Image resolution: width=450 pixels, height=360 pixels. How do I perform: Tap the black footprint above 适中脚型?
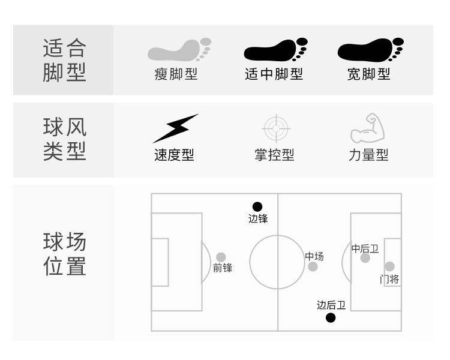[x=275, y=50]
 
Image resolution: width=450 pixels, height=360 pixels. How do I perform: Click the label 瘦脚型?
[x=176, y=74]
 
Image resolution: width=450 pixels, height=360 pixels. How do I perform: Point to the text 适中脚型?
[x=274, y=74]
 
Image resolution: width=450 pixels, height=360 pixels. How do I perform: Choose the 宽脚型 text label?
[x=368, y=74]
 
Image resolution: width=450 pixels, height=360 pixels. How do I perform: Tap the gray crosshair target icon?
[x=276, y=128]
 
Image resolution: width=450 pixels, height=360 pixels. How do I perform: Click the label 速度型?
[x=174, y=155]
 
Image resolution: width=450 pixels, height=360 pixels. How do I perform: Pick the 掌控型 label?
[x=275, y=155]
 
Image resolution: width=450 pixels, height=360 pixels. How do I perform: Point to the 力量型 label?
[x=368, y=155]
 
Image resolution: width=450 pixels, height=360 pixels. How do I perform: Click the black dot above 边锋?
[x=257, y=207]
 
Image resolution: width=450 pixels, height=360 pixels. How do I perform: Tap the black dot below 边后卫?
[x=331, y=317]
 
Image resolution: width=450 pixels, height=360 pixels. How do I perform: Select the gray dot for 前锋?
[x=221, y=257]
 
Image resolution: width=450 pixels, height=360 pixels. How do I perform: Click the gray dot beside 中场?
[x=313, y=266]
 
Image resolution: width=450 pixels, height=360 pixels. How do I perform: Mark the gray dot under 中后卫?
[x=365, y=258]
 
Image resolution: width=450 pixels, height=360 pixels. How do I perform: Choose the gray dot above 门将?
[x=389, y=266]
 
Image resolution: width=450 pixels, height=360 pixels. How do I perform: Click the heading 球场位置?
[x=65, y=254]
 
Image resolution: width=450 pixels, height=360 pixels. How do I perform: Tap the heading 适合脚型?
[x=65, y=60]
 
